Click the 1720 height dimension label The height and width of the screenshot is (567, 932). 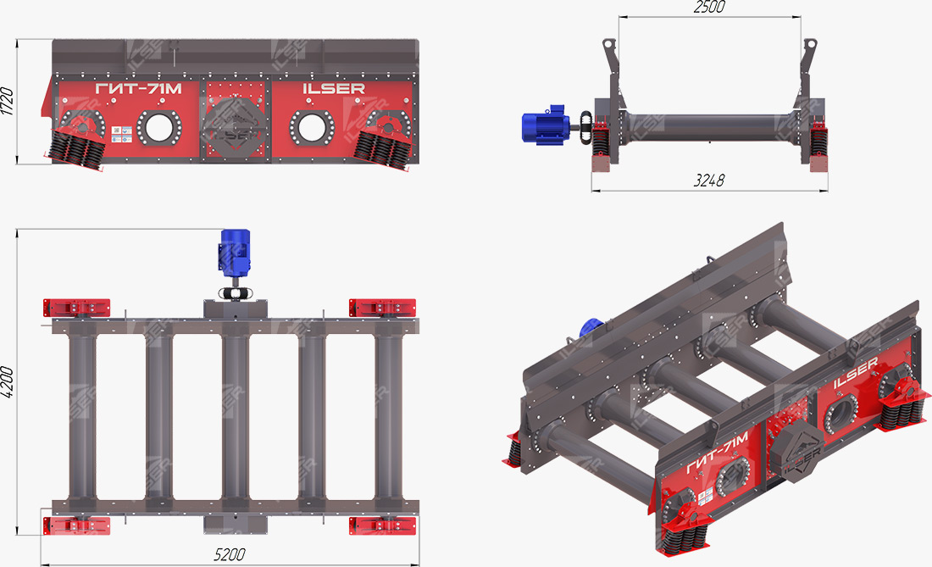7,102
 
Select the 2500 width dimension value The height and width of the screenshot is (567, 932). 709,7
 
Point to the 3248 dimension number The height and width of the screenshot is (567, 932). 709,180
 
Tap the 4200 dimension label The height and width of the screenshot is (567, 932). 7,381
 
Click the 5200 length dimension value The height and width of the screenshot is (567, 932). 230,554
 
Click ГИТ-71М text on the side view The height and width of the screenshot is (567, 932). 138,89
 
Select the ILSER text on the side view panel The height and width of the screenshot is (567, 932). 334,88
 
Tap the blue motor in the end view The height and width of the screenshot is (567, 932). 545,125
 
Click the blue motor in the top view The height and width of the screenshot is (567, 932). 236,252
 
